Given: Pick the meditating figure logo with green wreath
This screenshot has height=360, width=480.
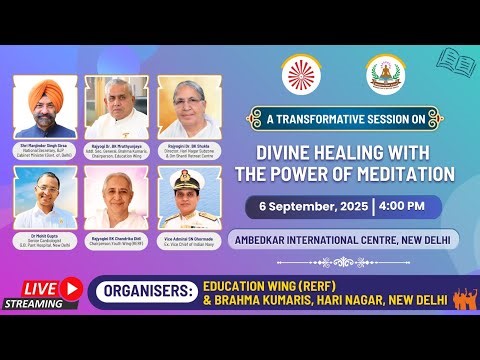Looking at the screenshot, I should pos(386,73).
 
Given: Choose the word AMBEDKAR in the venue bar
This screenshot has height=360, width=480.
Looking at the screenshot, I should pos(274,239).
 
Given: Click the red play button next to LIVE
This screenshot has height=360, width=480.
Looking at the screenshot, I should pos(70,287).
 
